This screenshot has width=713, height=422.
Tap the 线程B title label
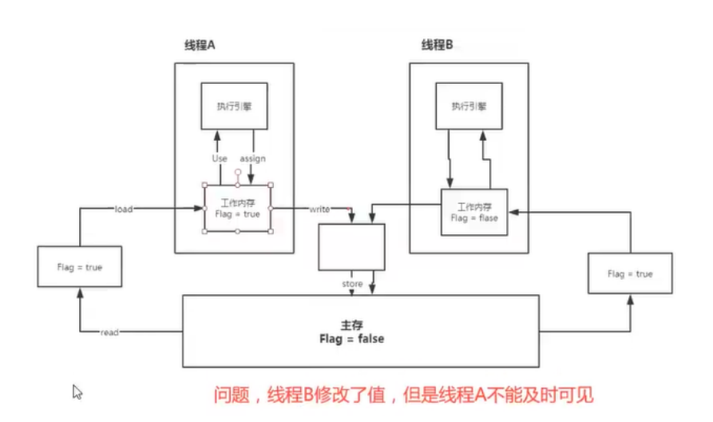[x=437, y=46]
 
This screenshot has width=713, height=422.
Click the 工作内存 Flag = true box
[x=238, y=208]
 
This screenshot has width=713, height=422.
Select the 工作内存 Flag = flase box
[x=474, y=212]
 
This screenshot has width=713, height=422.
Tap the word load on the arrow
[x=123, y=209]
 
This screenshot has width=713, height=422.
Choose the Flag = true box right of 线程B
[x=629, y=274]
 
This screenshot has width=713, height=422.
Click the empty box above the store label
[x=351, y=246]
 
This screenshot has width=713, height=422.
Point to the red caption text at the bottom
[x=403, y=395]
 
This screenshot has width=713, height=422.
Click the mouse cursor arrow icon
[x=78, y=392]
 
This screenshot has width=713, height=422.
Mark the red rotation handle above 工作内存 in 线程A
[x=238, y=172]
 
